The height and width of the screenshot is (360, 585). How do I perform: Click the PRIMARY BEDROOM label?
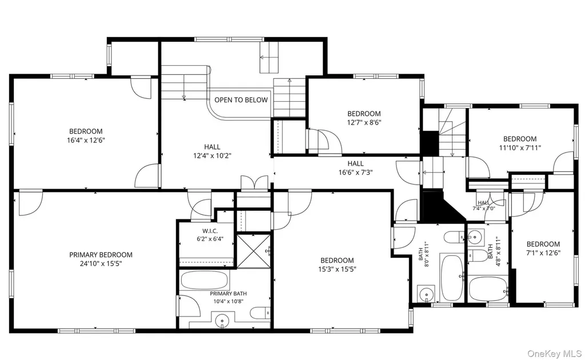coord(101,255)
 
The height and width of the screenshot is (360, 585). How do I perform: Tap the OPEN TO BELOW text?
coord(241,100)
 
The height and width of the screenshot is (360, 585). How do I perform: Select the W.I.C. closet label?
coord(210,231)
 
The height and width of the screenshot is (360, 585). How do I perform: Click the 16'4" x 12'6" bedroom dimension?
coord(86,140)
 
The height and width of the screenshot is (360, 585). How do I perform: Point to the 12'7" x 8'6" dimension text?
coord(364,122)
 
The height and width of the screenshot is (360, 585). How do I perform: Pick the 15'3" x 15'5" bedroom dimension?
coord(337,269)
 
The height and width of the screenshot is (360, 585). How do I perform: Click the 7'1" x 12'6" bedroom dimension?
coord(543,253)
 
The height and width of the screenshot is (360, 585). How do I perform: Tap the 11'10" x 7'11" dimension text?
coord(520,148)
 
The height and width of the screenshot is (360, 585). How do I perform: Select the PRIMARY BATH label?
coord(229,294)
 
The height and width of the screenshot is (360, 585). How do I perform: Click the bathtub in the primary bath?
coord(204,280)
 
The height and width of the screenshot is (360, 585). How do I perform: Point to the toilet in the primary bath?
coord(261,313)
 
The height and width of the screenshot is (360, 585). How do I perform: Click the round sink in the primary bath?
coord(222,319)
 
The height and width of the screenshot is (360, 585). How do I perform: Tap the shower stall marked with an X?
coord(254,251)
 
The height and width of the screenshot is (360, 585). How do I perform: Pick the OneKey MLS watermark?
coord(554,354)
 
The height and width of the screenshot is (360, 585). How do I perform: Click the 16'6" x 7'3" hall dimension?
coord(355,173)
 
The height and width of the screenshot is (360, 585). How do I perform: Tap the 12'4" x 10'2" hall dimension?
coord(212,156)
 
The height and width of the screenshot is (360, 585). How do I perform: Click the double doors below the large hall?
coord(254,183)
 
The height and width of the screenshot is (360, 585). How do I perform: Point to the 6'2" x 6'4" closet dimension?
coord(210,239)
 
